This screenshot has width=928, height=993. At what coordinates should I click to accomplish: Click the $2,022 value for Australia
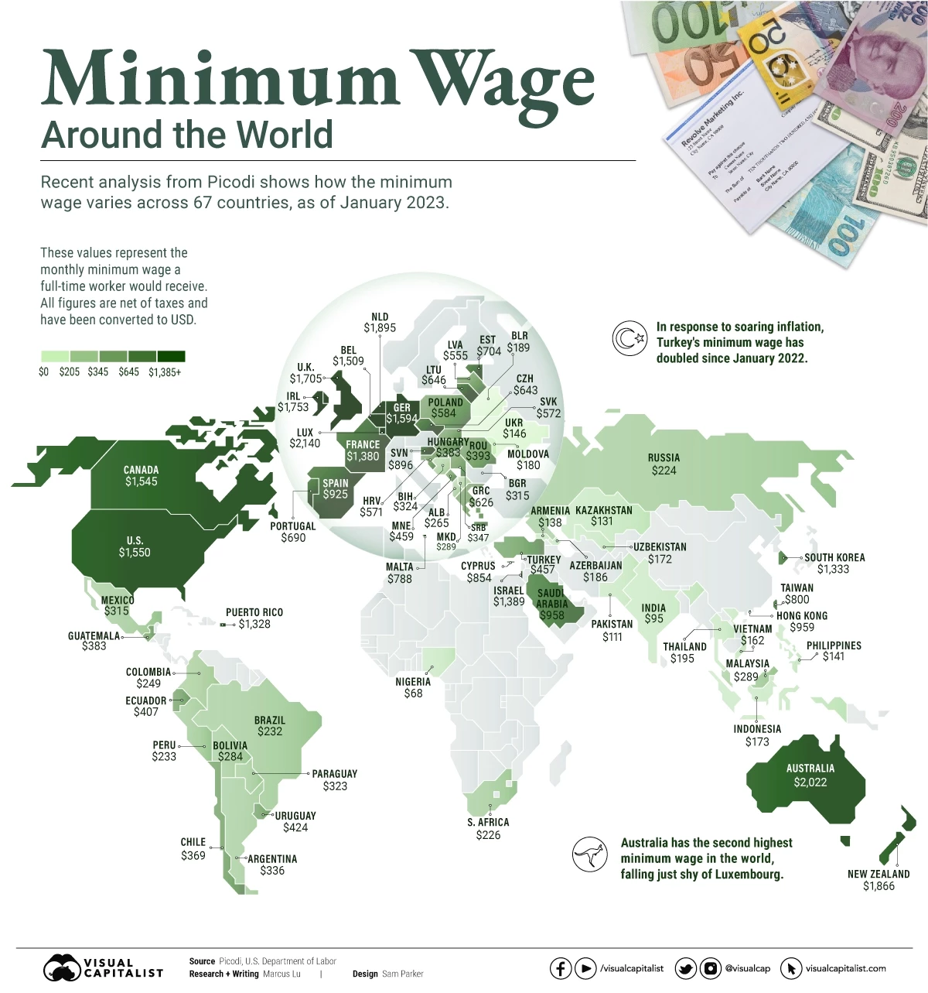(x=810, y=782)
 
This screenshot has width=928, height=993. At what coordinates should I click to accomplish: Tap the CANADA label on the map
(x=141, y=470)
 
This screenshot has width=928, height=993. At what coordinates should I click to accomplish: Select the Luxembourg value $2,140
(x=305, y=443)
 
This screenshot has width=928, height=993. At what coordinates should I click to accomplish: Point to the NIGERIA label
(x=413, y=682)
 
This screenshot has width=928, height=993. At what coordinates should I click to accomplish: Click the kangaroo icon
(x=589, y=855)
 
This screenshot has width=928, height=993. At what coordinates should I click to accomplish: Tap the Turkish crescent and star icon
(x=629, y=339)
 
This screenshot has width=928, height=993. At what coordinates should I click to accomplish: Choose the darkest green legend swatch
(x=171, y=356)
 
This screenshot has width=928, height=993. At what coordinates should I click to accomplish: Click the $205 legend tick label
(x=70, y=372)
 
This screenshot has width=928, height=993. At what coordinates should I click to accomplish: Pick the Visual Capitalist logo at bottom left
(x=103, y=968)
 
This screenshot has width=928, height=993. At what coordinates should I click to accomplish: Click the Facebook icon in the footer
(x=561, y=968)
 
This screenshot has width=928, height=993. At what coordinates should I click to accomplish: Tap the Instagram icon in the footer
(x=710, y=968)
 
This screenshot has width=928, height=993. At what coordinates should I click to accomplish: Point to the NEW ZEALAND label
(x=879, y=874)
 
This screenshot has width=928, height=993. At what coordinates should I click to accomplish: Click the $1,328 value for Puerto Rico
(x=254, y=624)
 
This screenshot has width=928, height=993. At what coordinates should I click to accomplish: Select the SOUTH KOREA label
(x=834, y=557)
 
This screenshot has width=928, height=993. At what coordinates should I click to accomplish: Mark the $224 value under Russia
(x=664, y=470)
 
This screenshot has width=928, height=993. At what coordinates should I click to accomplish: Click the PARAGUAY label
(x=334, y=774)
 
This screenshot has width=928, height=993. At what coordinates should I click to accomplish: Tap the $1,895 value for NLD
(x=380, y=328)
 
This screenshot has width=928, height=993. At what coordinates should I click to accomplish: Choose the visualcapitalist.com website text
(x=845, y=968)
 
